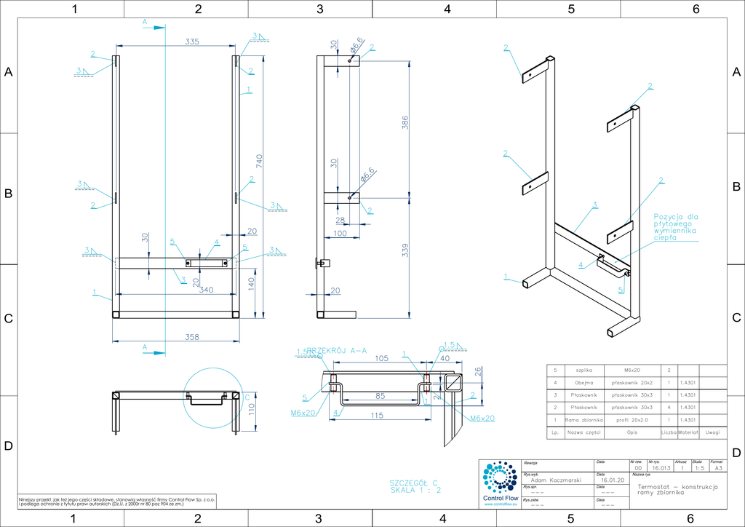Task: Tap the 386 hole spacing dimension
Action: click(x=405, y=124)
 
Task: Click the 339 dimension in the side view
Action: click(x=405, y=250)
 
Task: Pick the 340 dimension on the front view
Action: click(x=206, y=290)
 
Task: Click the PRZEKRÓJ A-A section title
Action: click(x=337, y=350)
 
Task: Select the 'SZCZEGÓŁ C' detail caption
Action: click(x=414, y=483)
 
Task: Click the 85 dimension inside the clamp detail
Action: click(x=381, y=397)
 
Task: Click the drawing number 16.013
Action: click(x=661, y=469)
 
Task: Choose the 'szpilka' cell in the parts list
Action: click(x=584, y=371)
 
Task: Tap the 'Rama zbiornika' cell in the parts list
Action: click(x=584, y=420)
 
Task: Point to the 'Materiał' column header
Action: click(x=688, y=432)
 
